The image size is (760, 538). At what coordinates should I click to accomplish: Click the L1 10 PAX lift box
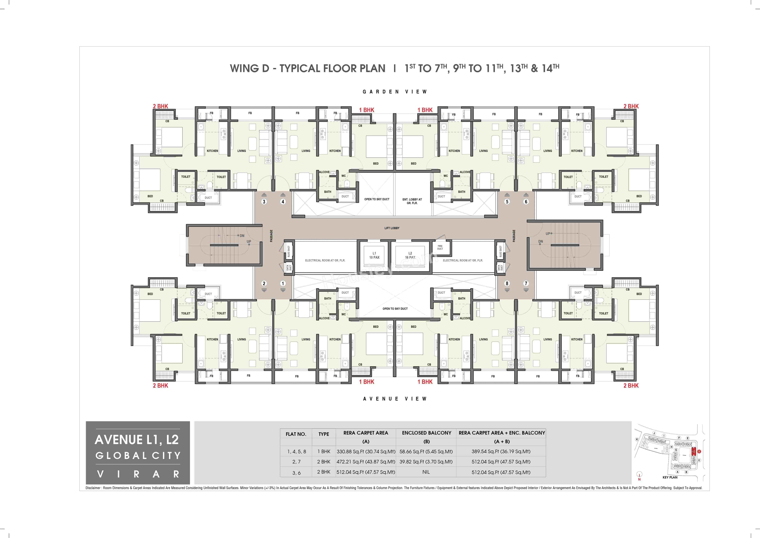[x=374, y=255]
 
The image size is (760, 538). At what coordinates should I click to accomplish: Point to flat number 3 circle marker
[x=264, y=202]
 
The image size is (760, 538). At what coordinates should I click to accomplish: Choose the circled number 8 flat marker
[x=507, y=283]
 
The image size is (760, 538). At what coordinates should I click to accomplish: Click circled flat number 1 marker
[x=283, y=283]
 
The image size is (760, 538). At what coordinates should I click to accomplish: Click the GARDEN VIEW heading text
[x=395, y=92]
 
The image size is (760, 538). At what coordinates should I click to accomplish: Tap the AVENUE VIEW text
[x=395, y=399]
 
